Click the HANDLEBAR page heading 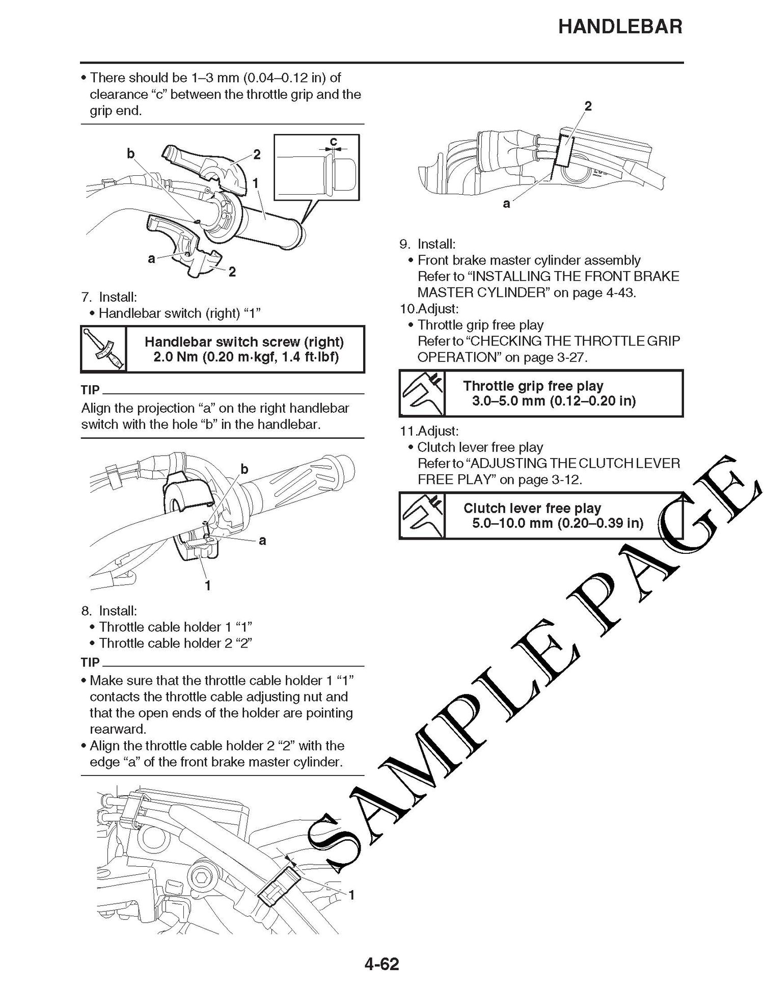pos(620,26)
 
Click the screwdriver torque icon pos(104,349)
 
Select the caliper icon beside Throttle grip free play pos(422,393)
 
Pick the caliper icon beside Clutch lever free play pos(422,516)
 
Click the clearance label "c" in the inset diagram pos(333,141)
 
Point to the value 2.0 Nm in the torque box pos(176,356)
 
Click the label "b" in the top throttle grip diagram pos(131,153)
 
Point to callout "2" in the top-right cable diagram pos(588,106)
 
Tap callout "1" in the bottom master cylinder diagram pos(351,895)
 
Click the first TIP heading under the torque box pos(90,390)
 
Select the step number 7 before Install pos(86,297)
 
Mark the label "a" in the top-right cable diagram pos(506,204)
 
